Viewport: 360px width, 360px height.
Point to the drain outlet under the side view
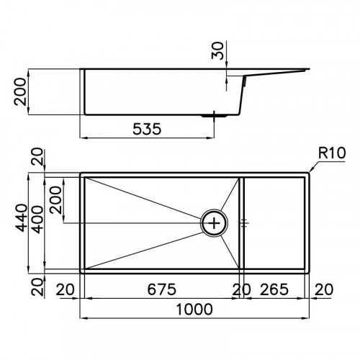[214, 115]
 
